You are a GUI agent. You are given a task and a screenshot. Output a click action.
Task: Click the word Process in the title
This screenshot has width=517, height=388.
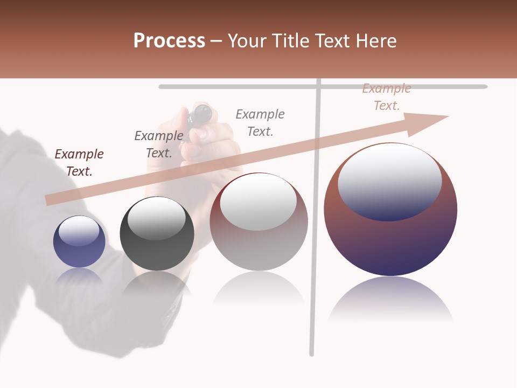169,41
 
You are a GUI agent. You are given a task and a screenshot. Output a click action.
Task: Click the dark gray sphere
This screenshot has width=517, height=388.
157,242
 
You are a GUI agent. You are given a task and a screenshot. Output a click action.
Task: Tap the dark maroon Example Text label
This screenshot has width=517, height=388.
79,162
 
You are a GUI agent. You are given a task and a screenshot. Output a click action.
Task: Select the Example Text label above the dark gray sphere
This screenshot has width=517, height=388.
159,144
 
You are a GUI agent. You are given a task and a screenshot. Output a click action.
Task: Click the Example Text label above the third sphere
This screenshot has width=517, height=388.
260,122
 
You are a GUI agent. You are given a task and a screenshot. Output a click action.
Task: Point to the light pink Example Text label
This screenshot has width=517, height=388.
387,97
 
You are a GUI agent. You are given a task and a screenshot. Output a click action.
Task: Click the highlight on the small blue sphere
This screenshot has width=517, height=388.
79,229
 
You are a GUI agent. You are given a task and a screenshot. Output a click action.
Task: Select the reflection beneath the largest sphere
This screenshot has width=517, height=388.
390,299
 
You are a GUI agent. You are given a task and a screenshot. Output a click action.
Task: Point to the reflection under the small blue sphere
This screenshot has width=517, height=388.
79,276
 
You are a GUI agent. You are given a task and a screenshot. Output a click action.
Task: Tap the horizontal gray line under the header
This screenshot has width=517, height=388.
237,87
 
